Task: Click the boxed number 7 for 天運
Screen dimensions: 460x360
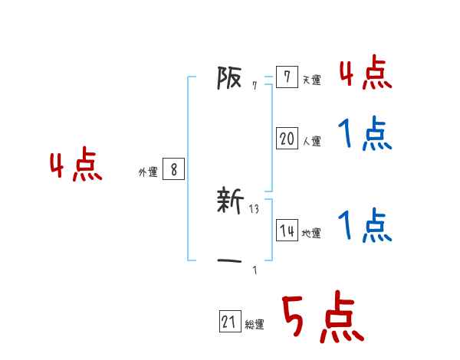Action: pos(287,77)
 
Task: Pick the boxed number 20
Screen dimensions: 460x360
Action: pos(287,139)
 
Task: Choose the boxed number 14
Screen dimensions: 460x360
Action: pos(287,231)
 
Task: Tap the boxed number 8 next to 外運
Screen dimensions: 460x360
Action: pos(173,170)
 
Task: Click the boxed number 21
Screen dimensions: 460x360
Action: pos(230,322)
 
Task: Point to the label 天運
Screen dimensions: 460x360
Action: pos(310,80)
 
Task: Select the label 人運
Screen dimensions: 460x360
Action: pos(310,141)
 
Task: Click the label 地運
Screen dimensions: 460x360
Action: pos(310,234)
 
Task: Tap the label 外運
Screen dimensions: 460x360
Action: pos(147,172)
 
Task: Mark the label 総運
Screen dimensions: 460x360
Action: pos(254,325)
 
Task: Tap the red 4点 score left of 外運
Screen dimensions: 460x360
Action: pos(76,167)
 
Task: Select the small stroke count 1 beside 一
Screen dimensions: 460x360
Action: pos(255,270)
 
